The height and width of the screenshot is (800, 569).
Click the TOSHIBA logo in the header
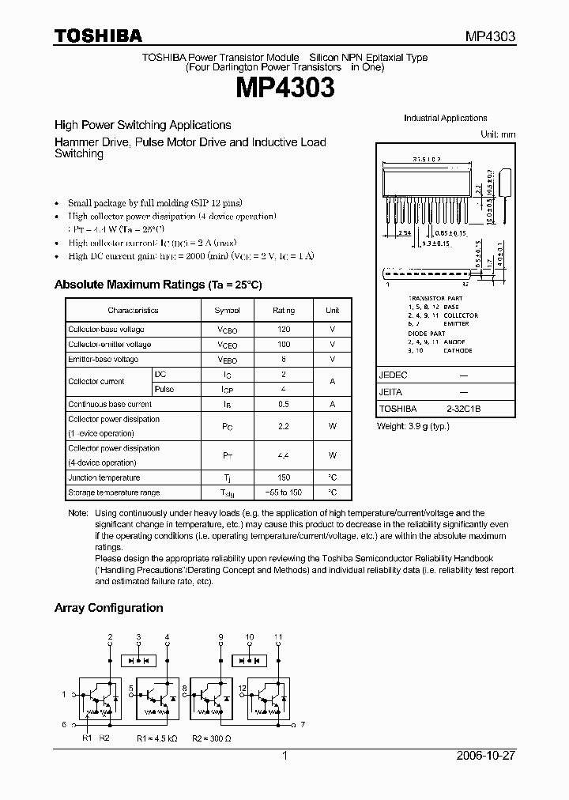click(x=98, y=36)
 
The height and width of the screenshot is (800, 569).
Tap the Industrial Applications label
click(x=445, y=118)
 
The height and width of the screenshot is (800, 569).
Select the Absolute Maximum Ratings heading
click(x=157, y=285)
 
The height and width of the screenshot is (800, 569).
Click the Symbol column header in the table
click(x=227, y=311)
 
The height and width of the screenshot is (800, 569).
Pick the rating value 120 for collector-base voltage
click(x=284, y=329)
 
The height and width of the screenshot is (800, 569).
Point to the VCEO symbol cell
click(x=227, y=345)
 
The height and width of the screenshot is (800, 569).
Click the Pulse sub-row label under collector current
click(x=164, y=389)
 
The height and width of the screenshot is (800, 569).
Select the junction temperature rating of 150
click(x=284, y=477)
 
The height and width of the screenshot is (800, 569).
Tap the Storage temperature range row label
click(x=114, y=492)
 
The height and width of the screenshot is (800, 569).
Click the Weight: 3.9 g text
click(x=411, y=426)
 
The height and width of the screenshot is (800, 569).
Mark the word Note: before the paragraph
click(x=78, y=514)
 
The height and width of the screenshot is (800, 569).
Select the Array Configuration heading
click(x=108, y=608)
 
